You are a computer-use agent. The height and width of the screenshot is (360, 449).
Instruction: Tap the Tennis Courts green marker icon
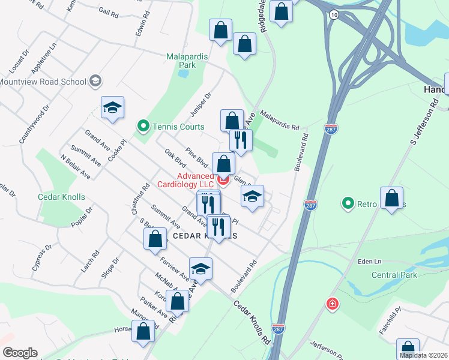coord(143,127)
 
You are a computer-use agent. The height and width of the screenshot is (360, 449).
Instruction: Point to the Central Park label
coord(394,275)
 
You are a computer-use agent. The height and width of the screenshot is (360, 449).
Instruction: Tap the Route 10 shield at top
coord(334,14)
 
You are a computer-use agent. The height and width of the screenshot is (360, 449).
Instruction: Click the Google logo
coord(20,353)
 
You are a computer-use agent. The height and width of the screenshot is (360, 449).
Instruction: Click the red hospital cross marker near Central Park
coord(331,304)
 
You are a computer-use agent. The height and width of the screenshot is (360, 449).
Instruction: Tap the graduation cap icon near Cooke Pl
coord(112,108)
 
